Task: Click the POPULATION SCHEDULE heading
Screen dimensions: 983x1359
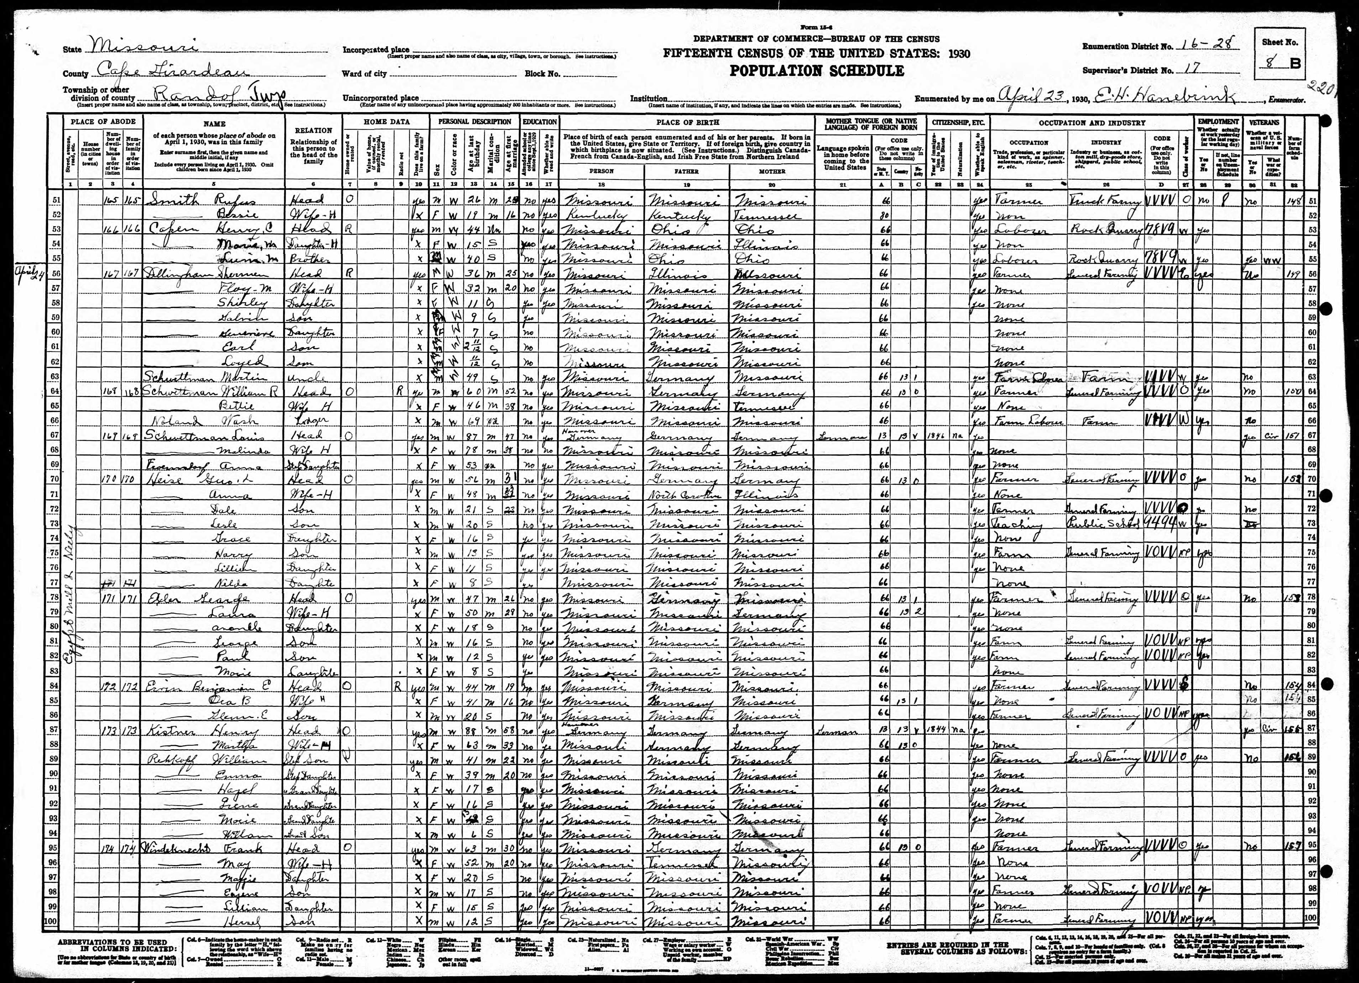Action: pos(816,71)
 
